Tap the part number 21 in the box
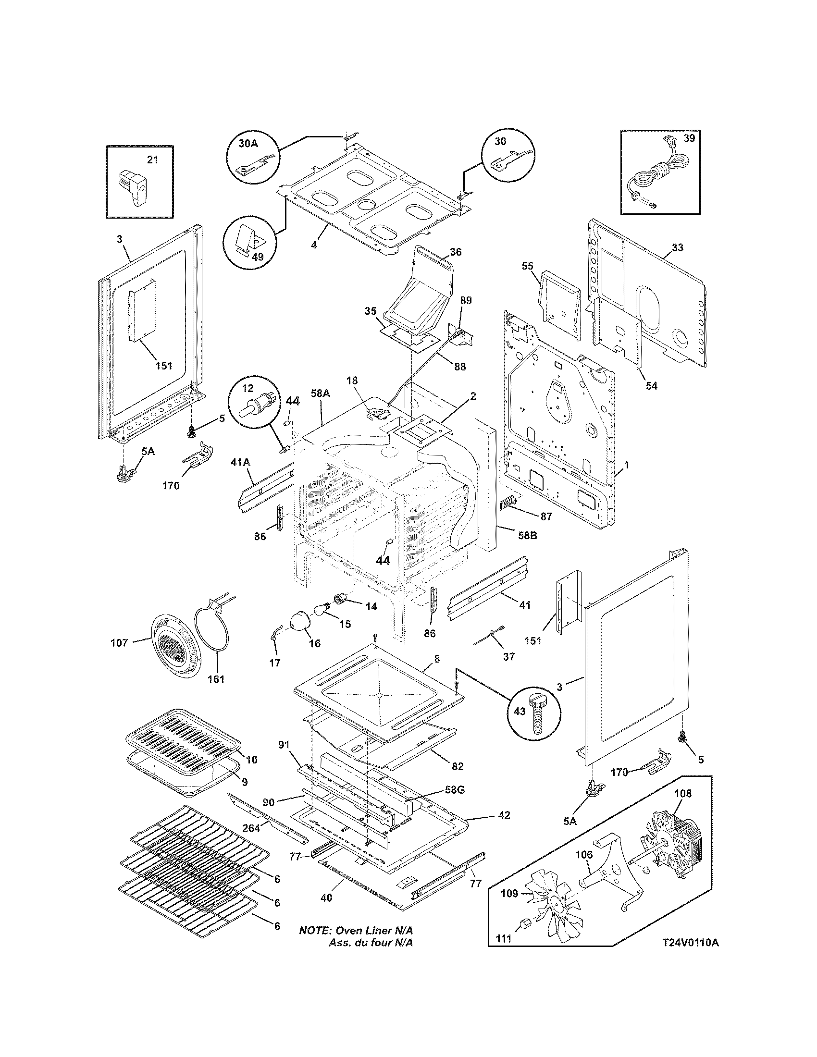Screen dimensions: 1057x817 point(152,160)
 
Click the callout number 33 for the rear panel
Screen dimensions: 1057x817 point(678,248)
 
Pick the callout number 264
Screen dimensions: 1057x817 point(251,828)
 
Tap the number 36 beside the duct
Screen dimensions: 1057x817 point(456,252)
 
